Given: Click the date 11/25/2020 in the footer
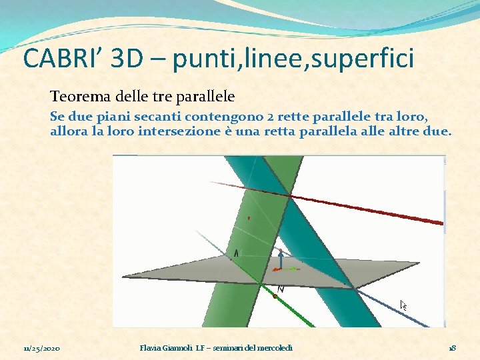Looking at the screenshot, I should pos(42,348).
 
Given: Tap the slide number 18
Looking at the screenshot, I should pos(451,348).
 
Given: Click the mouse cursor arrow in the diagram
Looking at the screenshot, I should pos(403,305).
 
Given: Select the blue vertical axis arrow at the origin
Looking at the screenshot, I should pos(281,258).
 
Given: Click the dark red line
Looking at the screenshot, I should pos(373,211).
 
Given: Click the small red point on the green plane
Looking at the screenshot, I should pos(249,217).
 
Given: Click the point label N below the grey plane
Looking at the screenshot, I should pos(281,289).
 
